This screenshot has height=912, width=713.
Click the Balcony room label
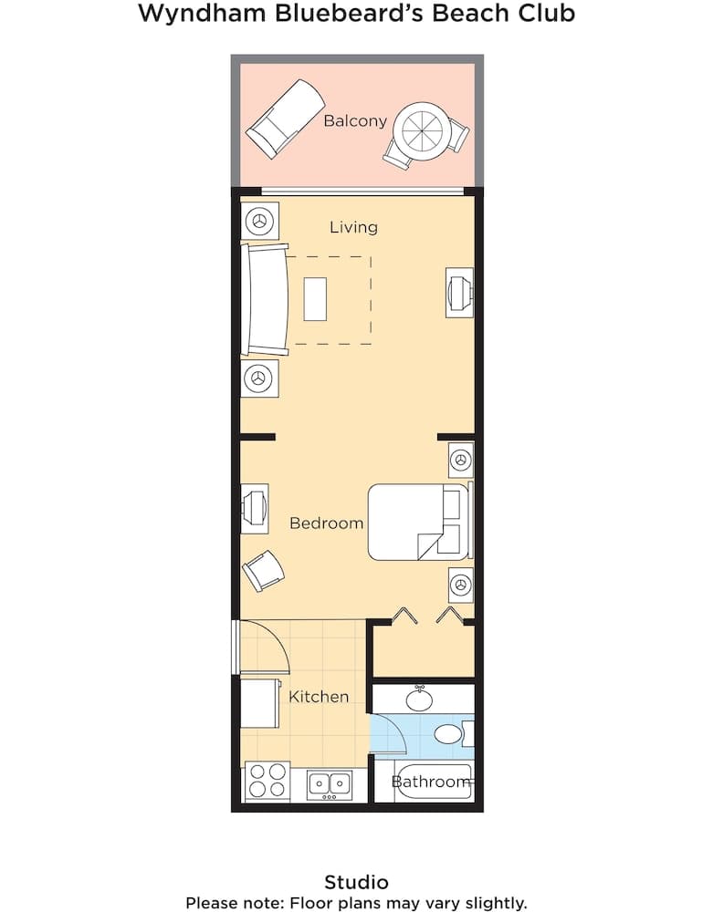pos(355,120)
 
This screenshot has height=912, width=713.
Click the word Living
pos(353,227)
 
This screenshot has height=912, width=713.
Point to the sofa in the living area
pos(266,299)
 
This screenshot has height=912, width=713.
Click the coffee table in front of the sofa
pos(315,298)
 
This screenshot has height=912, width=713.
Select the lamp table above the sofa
pos(260,221)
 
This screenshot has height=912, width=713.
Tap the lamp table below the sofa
pos(260,377)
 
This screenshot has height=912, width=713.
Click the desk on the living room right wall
pos(458,293)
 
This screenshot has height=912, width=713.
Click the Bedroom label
pos(326,523)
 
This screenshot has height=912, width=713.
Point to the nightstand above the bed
pos(461,460)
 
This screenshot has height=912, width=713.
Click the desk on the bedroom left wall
pos(255,508)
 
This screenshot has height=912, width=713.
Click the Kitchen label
pos(319,697)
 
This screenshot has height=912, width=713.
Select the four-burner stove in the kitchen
pos(267,782)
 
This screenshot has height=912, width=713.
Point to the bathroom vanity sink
pos(420,699)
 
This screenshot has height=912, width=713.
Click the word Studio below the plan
pos(356,882)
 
